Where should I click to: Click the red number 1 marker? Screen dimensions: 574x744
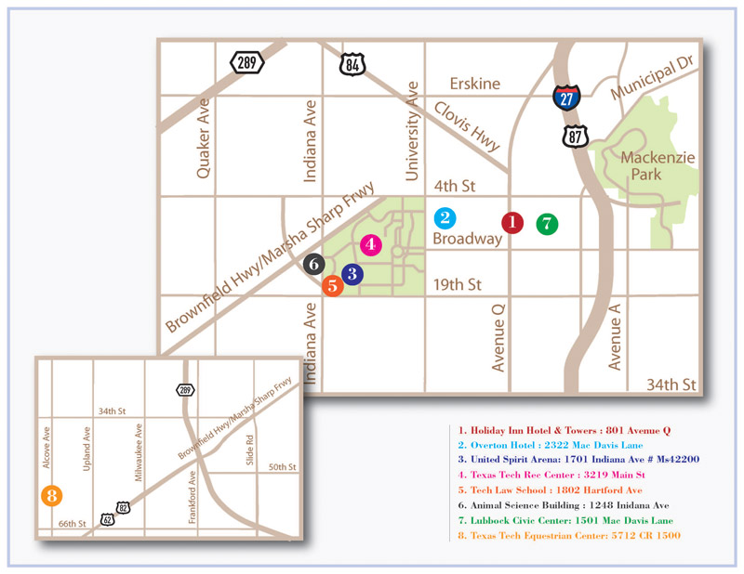click(x=512, y=222)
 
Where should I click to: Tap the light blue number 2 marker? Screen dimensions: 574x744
click(x=445, y=218)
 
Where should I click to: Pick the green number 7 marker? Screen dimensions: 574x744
click(x=547, y=223)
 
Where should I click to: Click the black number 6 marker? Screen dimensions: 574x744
click(x=314, y=264)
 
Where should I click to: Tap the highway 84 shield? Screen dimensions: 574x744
click(x=353, y=63)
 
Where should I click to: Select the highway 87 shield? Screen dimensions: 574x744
click(x=574, y=137)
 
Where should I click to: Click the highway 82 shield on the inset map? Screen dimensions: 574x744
click(x=123, y=506)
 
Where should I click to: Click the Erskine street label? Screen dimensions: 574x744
click(x=475, y=84)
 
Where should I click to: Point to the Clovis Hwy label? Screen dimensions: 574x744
click(x=467, y=127)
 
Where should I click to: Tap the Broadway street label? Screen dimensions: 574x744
click(x=467, y=239)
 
